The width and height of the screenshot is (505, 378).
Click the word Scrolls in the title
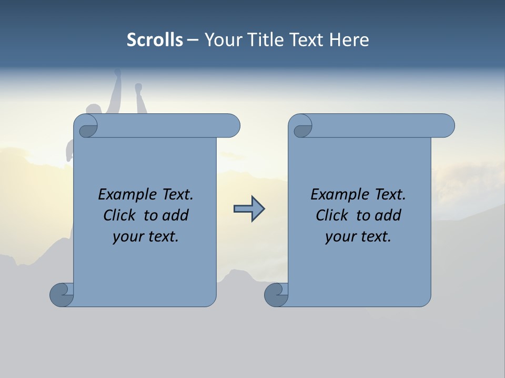coord(155,40)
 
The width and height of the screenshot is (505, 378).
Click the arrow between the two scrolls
coord(249,209)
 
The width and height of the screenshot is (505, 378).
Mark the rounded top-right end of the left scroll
coord(231,125)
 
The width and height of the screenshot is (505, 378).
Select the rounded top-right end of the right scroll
coord(446,125)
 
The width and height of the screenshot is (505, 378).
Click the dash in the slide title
coord(193,40)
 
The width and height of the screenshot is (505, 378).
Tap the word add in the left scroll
coord(176,215)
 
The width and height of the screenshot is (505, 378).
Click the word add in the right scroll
coord(388,215)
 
